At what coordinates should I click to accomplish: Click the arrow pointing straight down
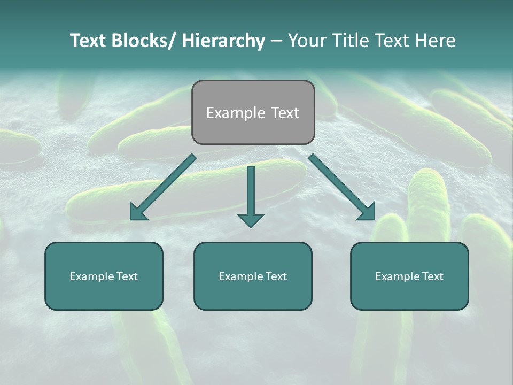point(251,192)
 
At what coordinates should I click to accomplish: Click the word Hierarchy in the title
point(223,41)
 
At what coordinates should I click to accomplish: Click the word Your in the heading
point(306,41)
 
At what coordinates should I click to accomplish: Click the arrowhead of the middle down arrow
point(251,220)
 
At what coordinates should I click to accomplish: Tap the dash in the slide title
point(276,41)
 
